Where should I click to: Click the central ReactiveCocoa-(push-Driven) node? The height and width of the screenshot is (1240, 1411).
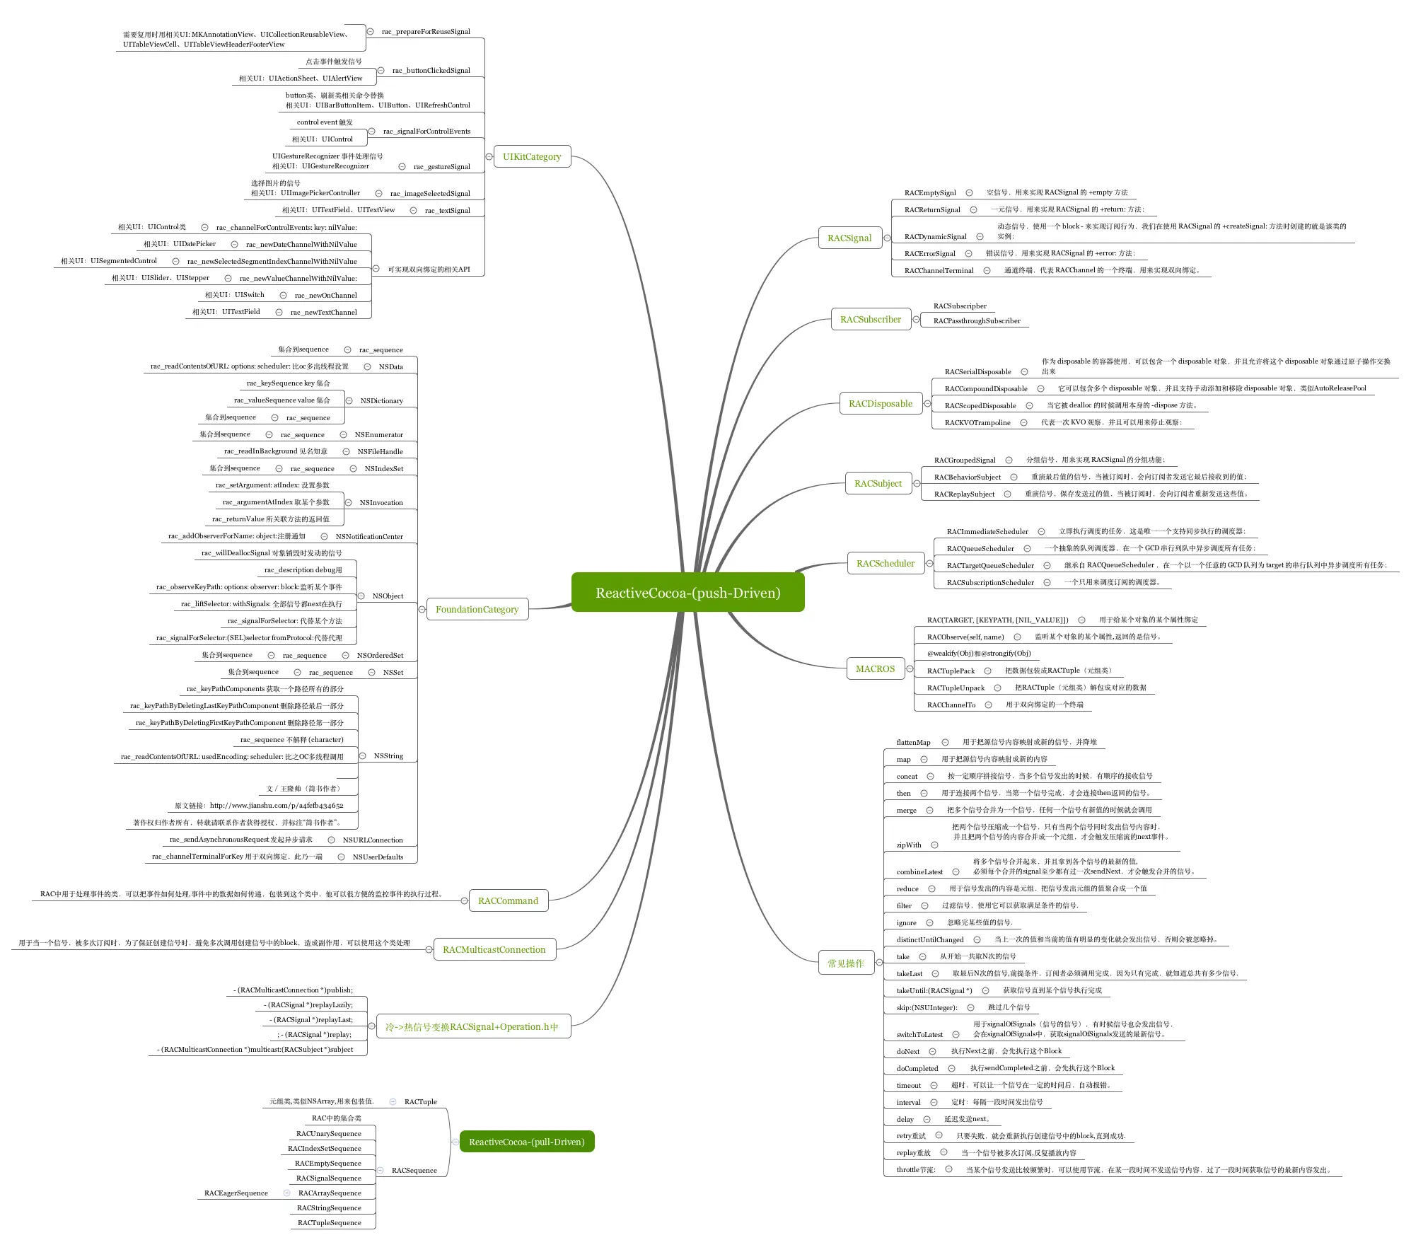coord(687,592)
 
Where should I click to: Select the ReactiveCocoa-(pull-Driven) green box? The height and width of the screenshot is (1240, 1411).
coord(526,1142)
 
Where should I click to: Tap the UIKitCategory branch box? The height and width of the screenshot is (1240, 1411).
coord(532,157)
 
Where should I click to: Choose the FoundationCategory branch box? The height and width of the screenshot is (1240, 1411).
coord(477,609)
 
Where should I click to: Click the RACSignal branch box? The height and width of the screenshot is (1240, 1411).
coord(849,238)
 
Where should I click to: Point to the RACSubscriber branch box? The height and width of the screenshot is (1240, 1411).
coord(870,320)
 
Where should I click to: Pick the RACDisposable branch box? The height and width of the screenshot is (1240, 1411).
coord(880,404)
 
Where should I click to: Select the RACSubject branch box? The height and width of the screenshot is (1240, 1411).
coord(878,484)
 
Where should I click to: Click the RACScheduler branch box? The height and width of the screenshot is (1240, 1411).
coord(885,564)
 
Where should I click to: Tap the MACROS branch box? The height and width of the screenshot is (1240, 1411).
coord(875,669)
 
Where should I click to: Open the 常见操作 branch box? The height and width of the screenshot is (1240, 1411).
coord(845,963)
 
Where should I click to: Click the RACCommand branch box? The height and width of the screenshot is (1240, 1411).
coord(508,901)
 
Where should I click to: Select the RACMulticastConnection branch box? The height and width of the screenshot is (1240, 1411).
coord(494,950)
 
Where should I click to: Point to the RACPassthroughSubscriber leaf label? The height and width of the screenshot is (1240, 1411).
coord(976,321)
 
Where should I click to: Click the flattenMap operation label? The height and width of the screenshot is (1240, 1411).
coord(913,743)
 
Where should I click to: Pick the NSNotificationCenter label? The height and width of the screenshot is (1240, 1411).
coord(369,537)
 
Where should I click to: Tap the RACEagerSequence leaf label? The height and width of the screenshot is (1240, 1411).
coord(236,1193)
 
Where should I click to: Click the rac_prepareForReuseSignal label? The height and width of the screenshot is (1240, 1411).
coord(426,32)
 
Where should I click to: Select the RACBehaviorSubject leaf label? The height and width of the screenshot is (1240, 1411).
coord(967,477)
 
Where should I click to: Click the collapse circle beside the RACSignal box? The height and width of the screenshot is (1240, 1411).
coord(887,238)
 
